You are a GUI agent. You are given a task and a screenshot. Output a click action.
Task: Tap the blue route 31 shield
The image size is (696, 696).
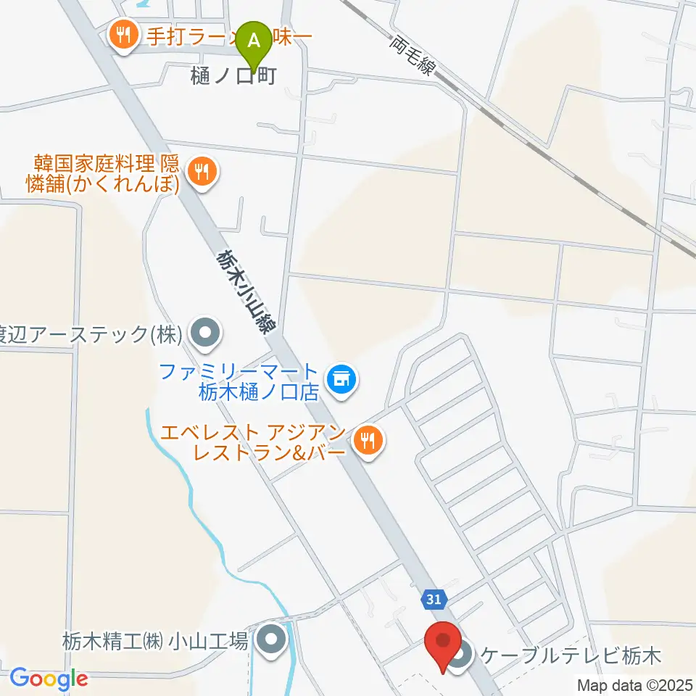coord(433,599)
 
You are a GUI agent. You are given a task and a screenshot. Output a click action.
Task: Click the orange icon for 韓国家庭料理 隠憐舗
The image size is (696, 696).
coord(201,172)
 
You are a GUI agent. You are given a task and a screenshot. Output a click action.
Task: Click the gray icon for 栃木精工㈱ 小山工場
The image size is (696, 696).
coord(272,640)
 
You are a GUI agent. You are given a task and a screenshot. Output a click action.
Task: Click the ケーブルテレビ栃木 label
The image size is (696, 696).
coord(571,658)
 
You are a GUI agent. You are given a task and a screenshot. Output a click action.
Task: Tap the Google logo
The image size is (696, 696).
coord(48,679)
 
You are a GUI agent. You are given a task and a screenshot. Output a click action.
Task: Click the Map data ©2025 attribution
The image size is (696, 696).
coord(634,684)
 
